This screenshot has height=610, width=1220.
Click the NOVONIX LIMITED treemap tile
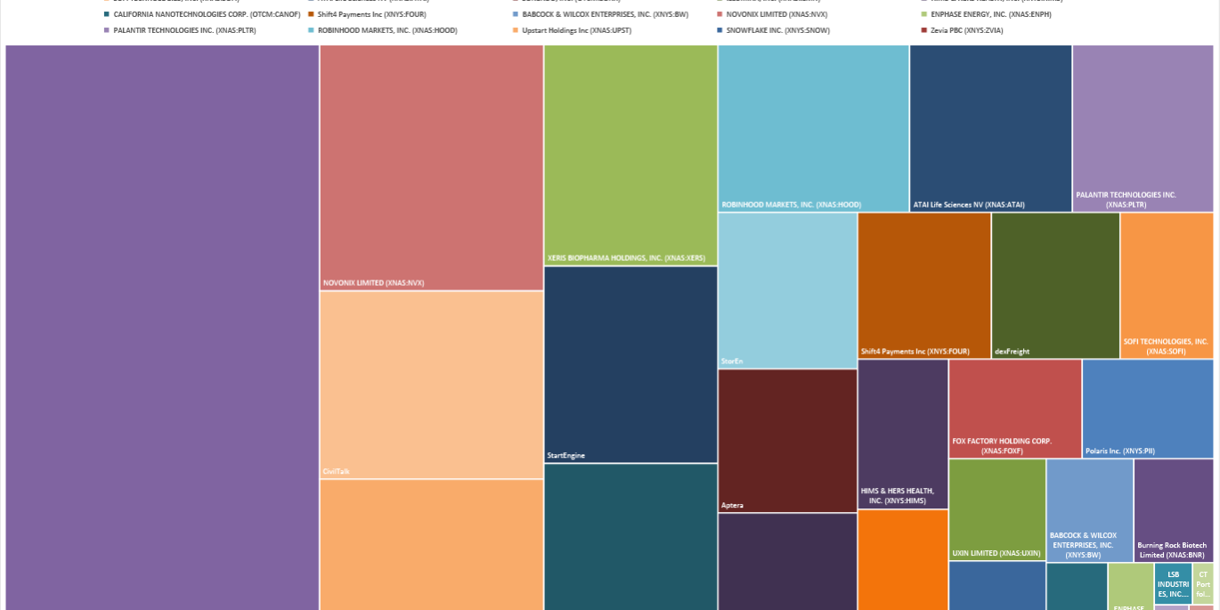point(431,167)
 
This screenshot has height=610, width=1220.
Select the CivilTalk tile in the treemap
point(431,385)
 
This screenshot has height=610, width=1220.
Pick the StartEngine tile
point(630,364)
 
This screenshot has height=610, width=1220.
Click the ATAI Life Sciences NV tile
point(990,128)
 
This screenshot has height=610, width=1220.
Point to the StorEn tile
point(787,290)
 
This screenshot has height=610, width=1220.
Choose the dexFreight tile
point(1055,285)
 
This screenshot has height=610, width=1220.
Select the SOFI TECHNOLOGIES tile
point(1167,285)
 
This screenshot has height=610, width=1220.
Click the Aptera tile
point(787,440)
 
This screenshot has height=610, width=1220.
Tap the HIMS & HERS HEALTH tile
point(902,434)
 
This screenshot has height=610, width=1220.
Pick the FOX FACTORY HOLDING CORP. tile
point(1014,408)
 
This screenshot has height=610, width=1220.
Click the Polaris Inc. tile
point(1147,408)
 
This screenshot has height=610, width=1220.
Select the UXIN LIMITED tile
point(996,509)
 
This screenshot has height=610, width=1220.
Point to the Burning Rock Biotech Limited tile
point(1173,509)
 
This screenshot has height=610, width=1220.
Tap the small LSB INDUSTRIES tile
point(1173,583)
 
